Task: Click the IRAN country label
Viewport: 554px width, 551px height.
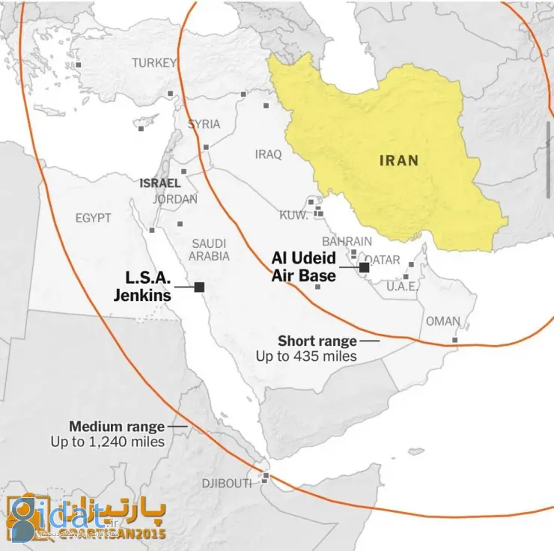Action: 399,160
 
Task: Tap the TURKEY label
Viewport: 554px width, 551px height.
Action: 155,63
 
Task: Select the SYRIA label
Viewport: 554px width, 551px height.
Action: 204,124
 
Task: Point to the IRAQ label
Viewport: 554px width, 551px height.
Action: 268,154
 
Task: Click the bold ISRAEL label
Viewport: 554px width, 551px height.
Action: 159,183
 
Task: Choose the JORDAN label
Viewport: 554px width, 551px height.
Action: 175,199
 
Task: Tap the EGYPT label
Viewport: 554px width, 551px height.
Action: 93,218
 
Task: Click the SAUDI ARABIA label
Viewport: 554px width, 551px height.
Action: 210,249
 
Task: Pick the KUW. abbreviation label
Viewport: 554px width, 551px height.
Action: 294,216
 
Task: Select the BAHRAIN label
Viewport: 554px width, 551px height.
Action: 347,241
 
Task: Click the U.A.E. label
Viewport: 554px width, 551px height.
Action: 403,286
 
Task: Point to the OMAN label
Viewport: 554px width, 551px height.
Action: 443,321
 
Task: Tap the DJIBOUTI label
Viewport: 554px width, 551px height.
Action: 226,484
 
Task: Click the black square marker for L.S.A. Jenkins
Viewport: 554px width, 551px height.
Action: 200,287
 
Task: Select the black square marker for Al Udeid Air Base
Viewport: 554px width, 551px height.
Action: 364,267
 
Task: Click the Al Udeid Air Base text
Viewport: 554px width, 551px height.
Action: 303,267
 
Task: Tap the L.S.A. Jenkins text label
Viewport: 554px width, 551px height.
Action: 142,287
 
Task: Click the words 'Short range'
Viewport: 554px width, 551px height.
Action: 317,341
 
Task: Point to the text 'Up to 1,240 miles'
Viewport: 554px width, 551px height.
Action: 108,442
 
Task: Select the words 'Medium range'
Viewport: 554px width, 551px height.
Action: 117,427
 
